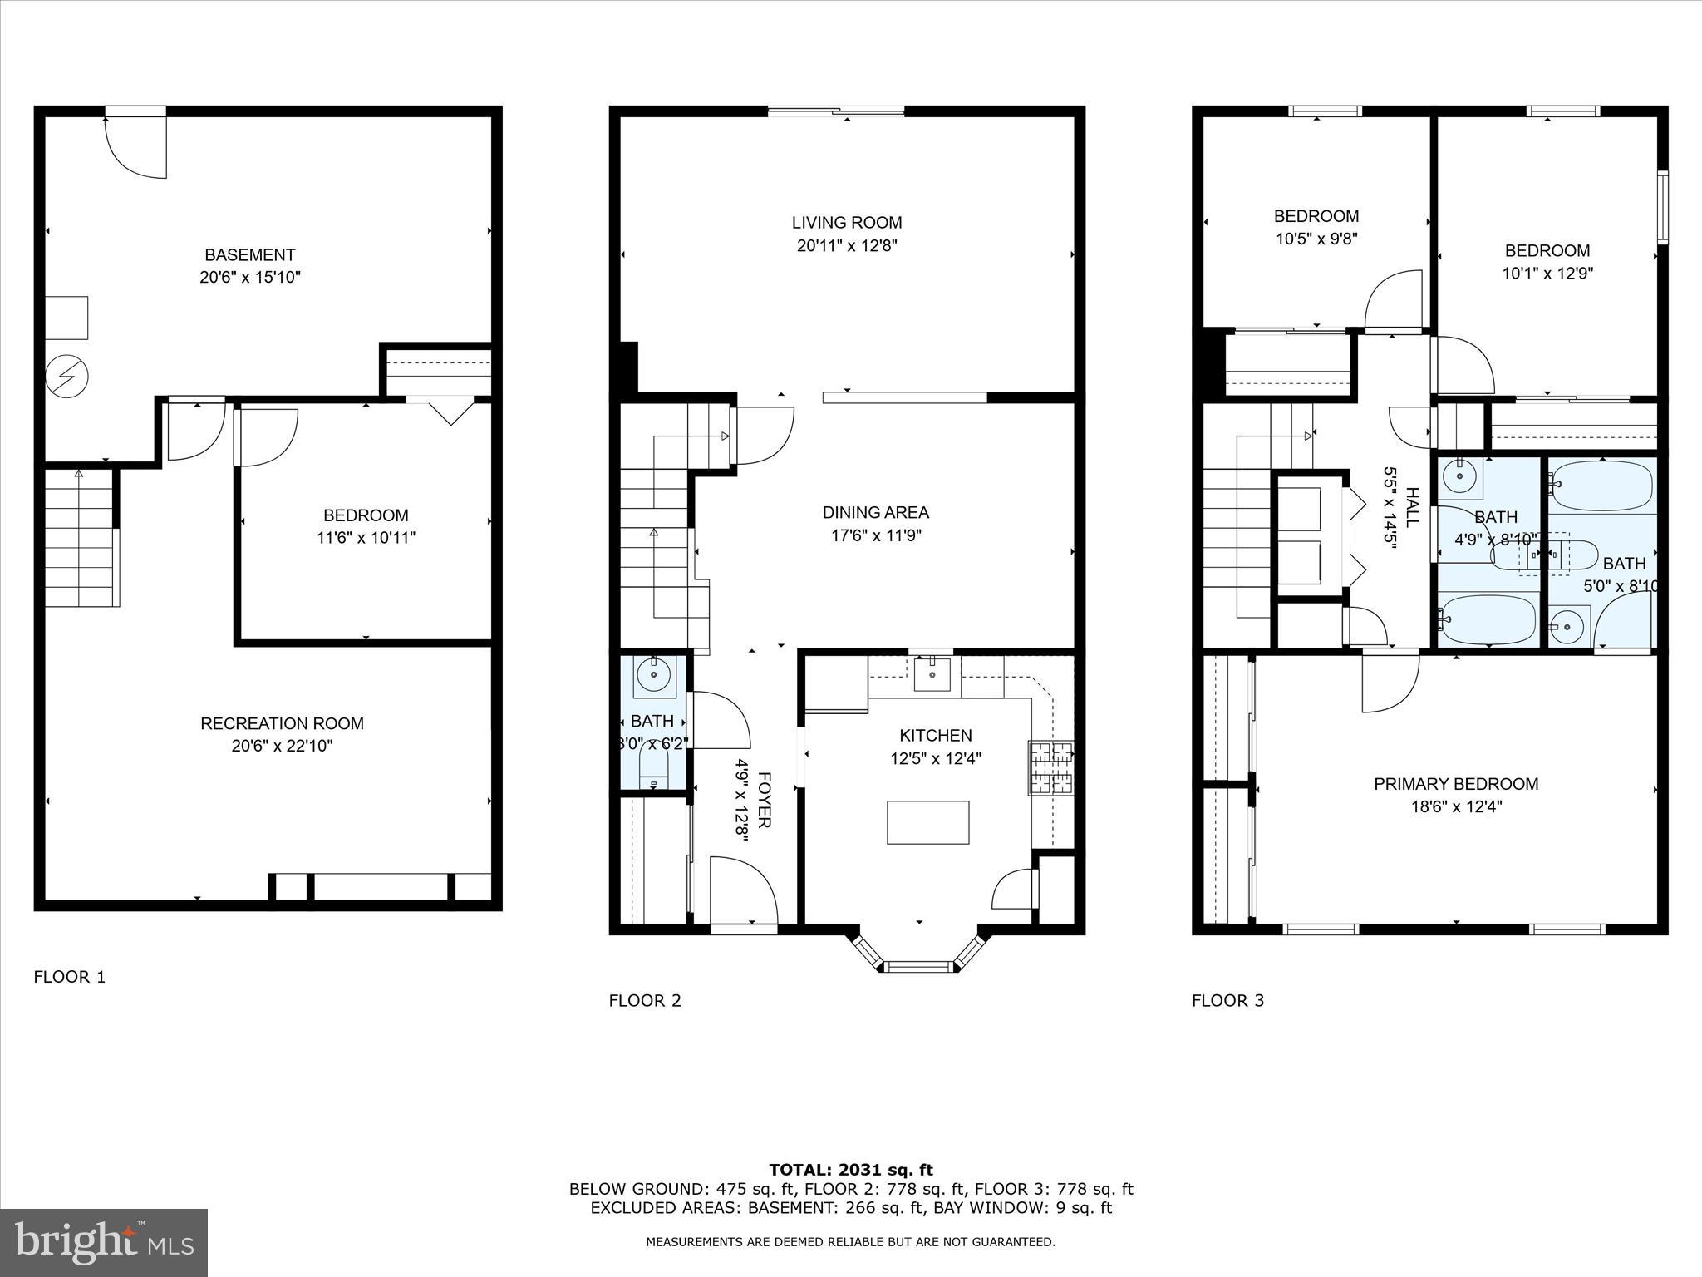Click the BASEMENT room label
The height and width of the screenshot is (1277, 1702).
tap(249, 255)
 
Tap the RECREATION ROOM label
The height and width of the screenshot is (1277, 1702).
tap(282, 724)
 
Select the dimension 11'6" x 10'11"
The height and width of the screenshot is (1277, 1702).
tap(366, 538)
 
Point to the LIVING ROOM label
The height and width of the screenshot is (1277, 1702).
tap(846, 223)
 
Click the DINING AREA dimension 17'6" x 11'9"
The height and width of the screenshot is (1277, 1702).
tap(876, 535)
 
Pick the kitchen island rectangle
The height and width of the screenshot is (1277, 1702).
tap(927, 822)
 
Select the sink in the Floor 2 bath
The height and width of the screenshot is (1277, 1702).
tap(653, 673)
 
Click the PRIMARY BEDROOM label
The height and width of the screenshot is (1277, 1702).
tap(1456, 784)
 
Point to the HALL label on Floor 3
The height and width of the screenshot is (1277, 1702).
tap(1412, 507)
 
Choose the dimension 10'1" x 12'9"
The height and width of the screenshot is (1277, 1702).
tap(1547, 273)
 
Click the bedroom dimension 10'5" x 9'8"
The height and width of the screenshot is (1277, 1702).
tap(1316, 239)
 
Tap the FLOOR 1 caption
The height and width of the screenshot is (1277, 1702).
tap(70, 977)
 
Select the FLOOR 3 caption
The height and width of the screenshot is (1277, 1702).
tap(1227, 1001)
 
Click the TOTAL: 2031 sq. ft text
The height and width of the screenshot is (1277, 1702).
tap(850, 1171)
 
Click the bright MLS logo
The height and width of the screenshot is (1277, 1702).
tap(104, 1242)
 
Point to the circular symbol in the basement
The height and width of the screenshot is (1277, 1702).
tap(66, 377)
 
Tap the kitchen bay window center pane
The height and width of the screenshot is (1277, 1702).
tap(918, 966)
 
